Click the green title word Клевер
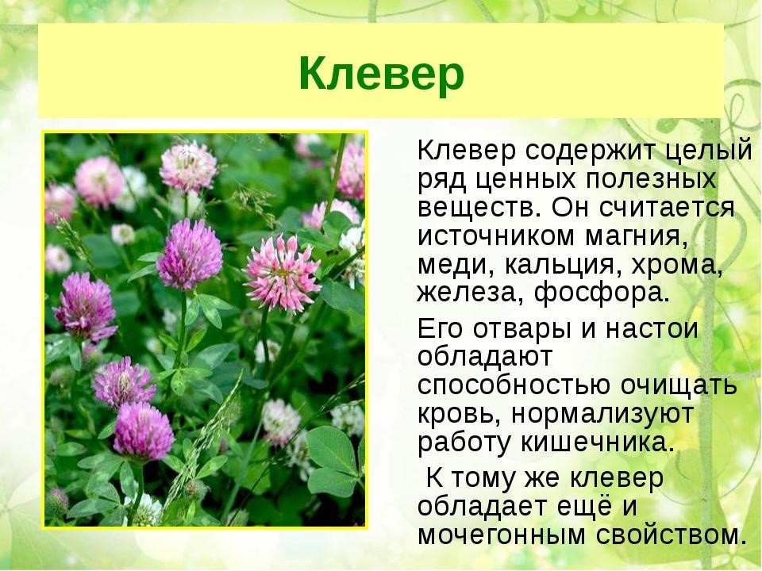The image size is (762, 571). click(x=382, y=74)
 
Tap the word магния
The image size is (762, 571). click(x=637, y=237)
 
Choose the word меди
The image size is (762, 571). click(x=456, y=265)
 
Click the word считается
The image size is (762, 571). click(x=667, y=208)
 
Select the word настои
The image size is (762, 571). click(x=652, y=329)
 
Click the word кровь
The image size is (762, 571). click(x=460, y=415)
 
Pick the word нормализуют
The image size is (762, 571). click(x=602, y=415)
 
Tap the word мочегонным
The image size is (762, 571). click(x=502, y=535)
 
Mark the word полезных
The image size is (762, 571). click(x=651, y=180)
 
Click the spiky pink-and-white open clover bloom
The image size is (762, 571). click(x=282, y=274)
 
